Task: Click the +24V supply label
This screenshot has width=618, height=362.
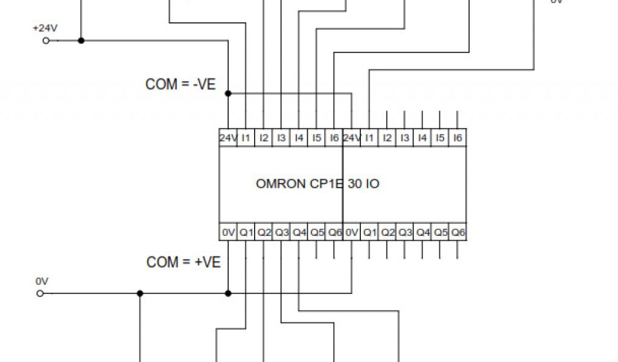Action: pyautogui.click(x=44, y=28)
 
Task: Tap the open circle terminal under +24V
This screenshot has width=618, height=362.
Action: pyautogui.click(x=46, y=40)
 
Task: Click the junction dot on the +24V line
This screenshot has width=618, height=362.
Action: pyautogui.click(x=81, y=40)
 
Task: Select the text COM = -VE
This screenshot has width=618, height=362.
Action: pyautogui.click(x=180, y=84)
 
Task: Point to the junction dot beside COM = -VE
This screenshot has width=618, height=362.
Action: pyautogui.click(x=228, y=94)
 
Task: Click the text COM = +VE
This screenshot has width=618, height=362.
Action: pyautogui.click(x=183, y=262)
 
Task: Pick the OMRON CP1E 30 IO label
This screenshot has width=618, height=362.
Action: pyautogui.click(x=317, y=183)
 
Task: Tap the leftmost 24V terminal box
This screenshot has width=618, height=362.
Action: pyautogui.click(x=228, y=138)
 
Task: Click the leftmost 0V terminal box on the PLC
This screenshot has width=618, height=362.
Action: pyautogui.click(x=228, y=232)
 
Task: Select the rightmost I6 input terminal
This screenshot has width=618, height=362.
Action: pyautogui.click(x=457, y=138)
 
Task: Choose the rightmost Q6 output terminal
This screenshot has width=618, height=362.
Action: pyautogui.click(x=458, y=232)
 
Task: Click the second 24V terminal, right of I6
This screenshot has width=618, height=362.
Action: pyautogui.click(x=352, y=138)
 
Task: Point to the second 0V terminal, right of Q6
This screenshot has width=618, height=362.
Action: pyautogui.click(x=351, y=232)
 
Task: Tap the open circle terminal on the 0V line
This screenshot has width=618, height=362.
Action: pyautogui.click(x=40, y=294)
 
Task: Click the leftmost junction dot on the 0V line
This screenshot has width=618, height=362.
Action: pyautogui.click(x=139, y=294)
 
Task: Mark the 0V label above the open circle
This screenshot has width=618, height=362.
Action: pyautogui.click(x=41, y=282)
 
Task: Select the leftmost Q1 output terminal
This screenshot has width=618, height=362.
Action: pyautogui.click(x=246, y=232)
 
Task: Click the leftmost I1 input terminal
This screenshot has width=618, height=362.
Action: pyautogui.click(x=246, y=138)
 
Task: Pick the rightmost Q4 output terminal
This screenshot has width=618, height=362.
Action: pyautogui.click(x=422, y=232)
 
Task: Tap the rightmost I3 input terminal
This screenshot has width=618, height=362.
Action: pyautogui.click(x=404, y=138)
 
